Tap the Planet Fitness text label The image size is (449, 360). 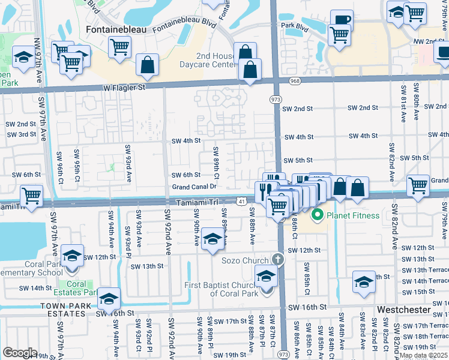click(352, 215)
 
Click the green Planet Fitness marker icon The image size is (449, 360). click(317, 215)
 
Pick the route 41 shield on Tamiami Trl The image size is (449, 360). click(240, 203)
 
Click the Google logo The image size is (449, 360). click(20, 352)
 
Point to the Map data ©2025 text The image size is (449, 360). click(423, 355)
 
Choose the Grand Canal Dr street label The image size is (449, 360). click(193, 187)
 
